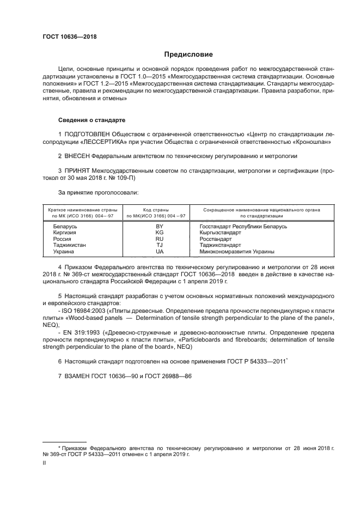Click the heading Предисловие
pos(189,54)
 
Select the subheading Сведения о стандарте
pos(93,119)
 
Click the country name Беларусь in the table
pos(65,226)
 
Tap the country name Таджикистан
pos(69,245)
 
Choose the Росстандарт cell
pos(216,239)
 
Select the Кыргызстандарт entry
pos(220,233)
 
